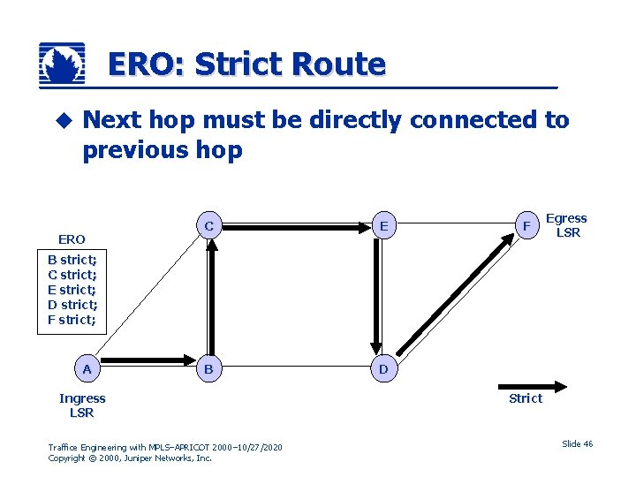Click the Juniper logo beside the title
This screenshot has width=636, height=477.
point(63,64)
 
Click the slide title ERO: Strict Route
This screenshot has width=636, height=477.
point(246,64)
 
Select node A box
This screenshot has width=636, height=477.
point(87,368)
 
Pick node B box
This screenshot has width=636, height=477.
point(208,368)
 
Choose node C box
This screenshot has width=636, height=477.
point(208,226)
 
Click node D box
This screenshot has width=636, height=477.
point(383,368)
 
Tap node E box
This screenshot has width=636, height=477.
point(383,226)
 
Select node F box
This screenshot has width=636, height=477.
point(526,226)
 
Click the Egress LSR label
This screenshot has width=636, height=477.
point(566,225)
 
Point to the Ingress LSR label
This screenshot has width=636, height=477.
point(82,405)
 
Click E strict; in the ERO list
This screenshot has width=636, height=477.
point(72,290)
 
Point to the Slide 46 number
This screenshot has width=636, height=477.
point(577,443)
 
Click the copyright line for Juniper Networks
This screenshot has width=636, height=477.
point(130,458)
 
